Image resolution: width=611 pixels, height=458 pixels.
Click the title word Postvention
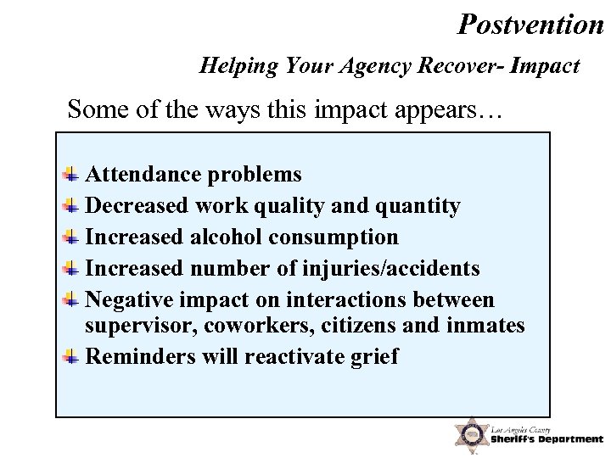point(530,23)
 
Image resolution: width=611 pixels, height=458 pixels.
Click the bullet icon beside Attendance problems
point(73,174)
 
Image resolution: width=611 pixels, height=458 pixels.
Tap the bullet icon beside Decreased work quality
point(73,204)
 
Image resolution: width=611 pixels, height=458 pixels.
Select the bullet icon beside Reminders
point(73,355)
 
